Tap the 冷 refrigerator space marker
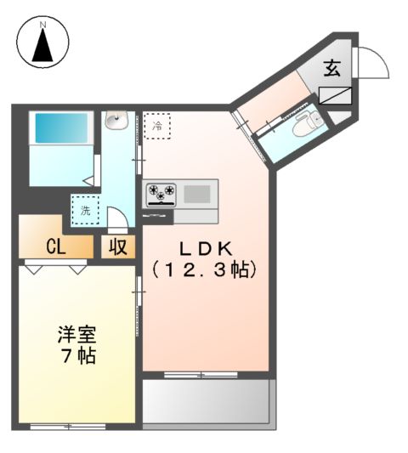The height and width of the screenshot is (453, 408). point(156,127)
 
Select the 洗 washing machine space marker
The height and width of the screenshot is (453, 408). point(86,209)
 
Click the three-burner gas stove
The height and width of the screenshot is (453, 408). point(160,194)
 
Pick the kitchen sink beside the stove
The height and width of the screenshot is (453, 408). point(197,194)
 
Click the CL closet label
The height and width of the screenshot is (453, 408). point(56,247)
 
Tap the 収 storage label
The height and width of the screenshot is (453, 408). point(116,247)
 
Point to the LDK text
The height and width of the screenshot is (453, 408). point(204,249)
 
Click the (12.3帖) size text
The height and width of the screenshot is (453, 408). point(204,270)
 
